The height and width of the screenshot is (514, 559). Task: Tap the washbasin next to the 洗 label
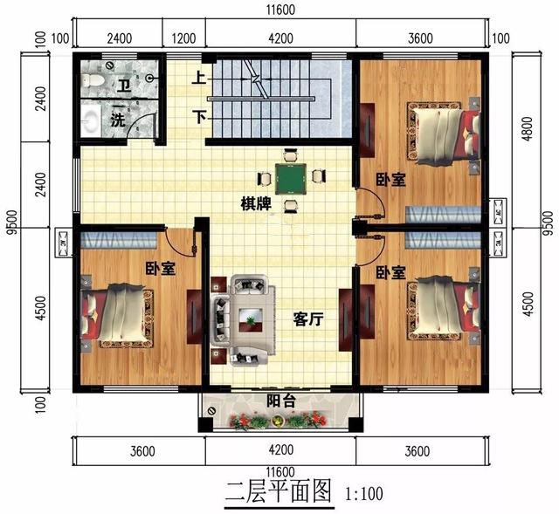tap(92, 120)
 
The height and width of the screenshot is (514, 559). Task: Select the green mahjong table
tap(291, 179)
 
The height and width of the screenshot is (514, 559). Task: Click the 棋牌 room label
tap(256, 203)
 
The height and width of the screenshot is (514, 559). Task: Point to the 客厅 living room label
tap(308, 319)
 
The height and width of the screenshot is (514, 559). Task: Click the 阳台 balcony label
tap(281, 401)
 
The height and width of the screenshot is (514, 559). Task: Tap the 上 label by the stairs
tap(199, 78)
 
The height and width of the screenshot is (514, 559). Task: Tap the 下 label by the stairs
tap(199, 116)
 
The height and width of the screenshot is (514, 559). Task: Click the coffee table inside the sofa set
tap(251, 319)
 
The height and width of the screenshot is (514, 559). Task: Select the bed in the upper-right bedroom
tap(444, 136)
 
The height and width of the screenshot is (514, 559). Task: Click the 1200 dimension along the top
tap(183, 38)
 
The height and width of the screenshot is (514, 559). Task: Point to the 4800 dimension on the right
tap(528, 129)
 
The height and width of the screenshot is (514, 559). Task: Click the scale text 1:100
tap(364, 494)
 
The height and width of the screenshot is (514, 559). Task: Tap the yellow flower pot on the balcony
tap(277, 421)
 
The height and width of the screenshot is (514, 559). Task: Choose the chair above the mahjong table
tap(291, 155)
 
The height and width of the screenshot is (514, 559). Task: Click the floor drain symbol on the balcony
tap(211, 410)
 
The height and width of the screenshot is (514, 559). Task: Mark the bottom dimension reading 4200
tap(281, 449)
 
